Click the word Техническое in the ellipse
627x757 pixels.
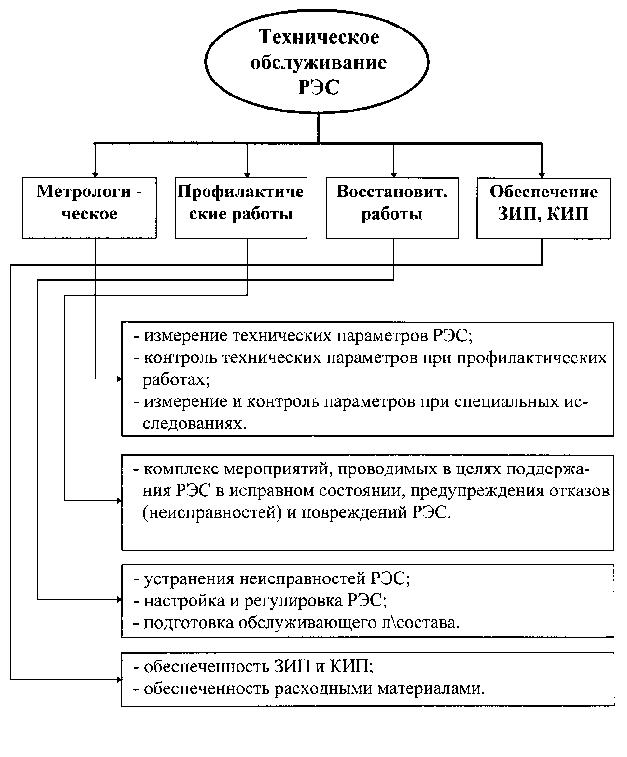pos(319,37)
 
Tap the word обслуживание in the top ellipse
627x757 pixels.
pos(319,63)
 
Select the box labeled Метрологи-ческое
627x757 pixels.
pos(89,208)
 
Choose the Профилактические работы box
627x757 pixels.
pos(241,208)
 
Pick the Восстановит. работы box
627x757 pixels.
pos(392,208)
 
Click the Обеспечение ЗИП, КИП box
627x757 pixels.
pos(543,208)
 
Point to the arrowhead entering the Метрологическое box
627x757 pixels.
pos(95,174)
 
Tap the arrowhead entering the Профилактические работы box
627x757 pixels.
pos(247,174)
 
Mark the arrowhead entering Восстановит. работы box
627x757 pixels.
pos(394,174)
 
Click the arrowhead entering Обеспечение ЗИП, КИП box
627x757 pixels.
pos(542,175)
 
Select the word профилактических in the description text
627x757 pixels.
pos(531,358)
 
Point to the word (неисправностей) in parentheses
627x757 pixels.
pos(212,513)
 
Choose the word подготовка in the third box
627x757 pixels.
pos(189,623)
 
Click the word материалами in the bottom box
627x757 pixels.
pos(431,688)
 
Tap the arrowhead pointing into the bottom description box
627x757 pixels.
pos(119,679)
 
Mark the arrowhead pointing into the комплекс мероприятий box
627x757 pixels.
pos(119,501)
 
